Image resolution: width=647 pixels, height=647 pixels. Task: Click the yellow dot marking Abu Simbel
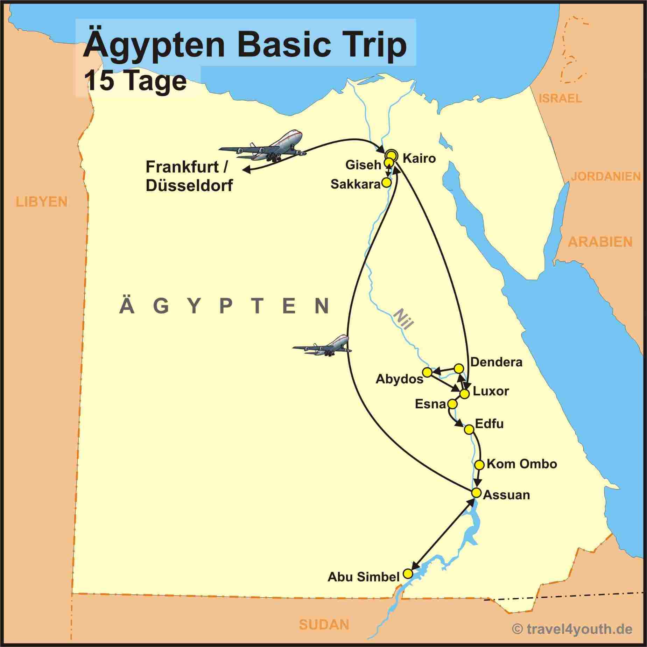(407, 574)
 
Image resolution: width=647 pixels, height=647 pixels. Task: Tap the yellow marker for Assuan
(476, 492)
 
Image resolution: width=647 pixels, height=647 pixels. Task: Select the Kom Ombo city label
(521, 464)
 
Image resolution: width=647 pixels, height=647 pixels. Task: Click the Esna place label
(430, 404)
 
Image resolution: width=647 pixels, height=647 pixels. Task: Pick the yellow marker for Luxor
(464, 394)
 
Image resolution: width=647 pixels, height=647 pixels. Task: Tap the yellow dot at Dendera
(459, 368)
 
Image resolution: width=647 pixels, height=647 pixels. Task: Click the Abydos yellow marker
(427, 372)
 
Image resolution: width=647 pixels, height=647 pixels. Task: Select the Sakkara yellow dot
(386, 182)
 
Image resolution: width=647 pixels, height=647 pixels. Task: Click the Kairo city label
(419, 159)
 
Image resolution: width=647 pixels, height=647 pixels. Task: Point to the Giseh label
(363, 165)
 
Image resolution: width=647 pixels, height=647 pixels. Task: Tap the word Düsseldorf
(189, 185)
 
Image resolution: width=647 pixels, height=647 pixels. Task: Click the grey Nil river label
(403, 319)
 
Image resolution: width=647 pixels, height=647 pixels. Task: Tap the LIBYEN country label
(42, 202)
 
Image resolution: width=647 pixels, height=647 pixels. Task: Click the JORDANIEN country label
(606, 176)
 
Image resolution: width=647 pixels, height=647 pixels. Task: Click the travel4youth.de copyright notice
(572, 629)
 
